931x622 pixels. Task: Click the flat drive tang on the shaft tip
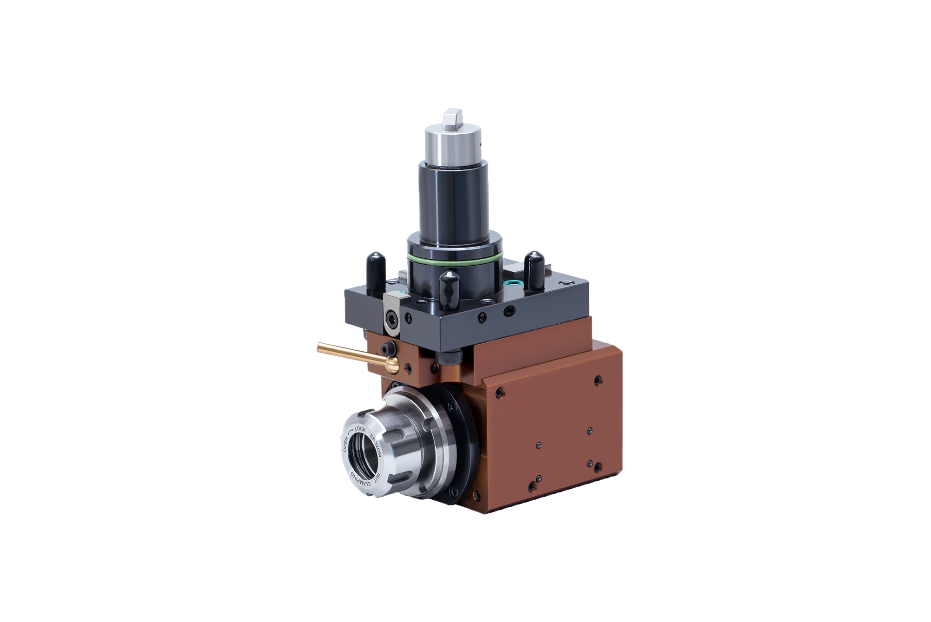point(453,119)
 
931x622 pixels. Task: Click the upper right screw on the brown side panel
point(598,380)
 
